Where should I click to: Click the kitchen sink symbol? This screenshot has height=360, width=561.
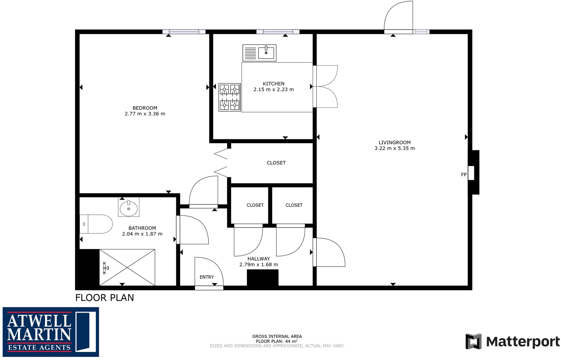click(259, 53)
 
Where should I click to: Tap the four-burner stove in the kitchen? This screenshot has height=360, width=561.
click(229, 97)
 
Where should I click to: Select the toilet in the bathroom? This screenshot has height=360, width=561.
click(96, 224)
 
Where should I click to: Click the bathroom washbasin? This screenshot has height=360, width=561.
click(129, 208)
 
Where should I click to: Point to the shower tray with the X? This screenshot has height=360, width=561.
click(127, 267)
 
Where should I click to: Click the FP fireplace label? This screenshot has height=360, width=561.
click(464, 175)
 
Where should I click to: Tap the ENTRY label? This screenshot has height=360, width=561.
click(206, 277)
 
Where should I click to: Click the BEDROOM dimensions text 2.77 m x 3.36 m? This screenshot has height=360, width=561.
click(145, 114)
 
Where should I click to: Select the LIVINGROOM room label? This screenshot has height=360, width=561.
click(395, 142)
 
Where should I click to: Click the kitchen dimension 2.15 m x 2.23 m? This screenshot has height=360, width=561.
click(274, 89)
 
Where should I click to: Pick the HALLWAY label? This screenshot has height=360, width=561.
click(258, 259)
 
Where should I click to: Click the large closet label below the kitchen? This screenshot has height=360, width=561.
click(276, 163)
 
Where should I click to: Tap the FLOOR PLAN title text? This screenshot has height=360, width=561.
click(104, 297)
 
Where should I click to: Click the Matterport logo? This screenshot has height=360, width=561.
click(513, 341)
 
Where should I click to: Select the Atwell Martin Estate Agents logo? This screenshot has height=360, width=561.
click(51, 332)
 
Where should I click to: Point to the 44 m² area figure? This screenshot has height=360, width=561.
click(291, 341)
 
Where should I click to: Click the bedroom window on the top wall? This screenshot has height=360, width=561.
click(184, 32)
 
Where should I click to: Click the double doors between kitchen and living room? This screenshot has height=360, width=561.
click(325, 86)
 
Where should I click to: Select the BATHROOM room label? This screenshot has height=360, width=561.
click(142, 228)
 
